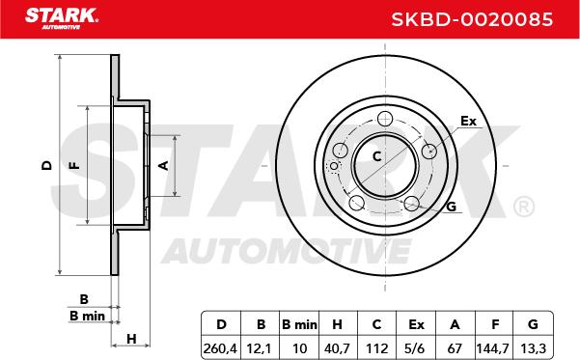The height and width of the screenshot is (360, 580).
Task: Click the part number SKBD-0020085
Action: point(472,19)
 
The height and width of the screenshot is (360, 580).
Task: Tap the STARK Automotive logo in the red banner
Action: point(62,18)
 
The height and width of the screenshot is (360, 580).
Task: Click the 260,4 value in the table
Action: point(220,348)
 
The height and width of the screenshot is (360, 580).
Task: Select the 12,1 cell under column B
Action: point(261,348)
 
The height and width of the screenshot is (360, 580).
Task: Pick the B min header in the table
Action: point(299,324)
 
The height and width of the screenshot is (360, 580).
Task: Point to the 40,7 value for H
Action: point(338,348)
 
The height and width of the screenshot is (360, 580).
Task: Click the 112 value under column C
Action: point(377,348)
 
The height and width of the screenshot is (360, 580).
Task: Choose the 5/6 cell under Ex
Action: point(416,348)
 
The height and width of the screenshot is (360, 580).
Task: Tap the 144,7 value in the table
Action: point(493,348)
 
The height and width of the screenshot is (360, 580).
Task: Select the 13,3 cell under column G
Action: point(533,348)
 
